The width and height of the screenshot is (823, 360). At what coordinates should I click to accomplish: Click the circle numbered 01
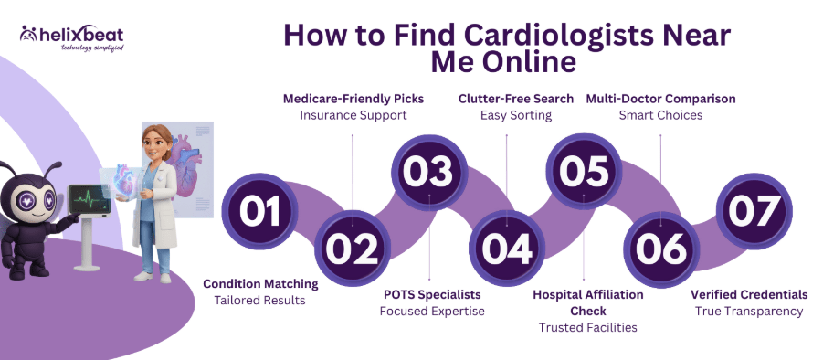[259, 211]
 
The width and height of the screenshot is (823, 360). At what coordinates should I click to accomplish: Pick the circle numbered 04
[507, 248]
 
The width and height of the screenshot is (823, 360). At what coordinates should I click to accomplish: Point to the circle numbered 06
[661, 248]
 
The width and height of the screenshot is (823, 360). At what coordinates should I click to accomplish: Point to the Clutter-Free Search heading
[516, 99]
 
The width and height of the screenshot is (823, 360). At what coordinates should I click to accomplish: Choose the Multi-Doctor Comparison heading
[660, 99]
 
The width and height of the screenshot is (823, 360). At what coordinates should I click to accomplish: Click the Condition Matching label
[260, 283]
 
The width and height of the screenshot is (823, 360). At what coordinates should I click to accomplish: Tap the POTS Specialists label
[431, 295]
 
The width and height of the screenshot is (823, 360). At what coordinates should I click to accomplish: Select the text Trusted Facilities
[588, 327]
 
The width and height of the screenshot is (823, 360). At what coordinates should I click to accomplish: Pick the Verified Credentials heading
[749, 295]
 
